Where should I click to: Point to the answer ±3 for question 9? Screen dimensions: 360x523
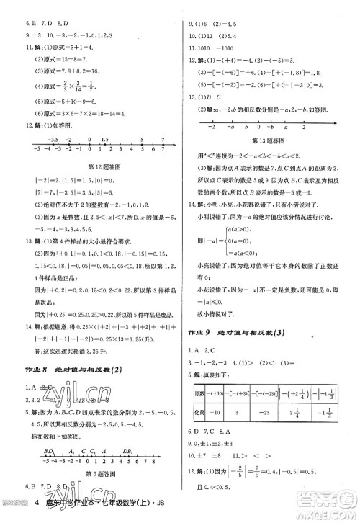[16, 33]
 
